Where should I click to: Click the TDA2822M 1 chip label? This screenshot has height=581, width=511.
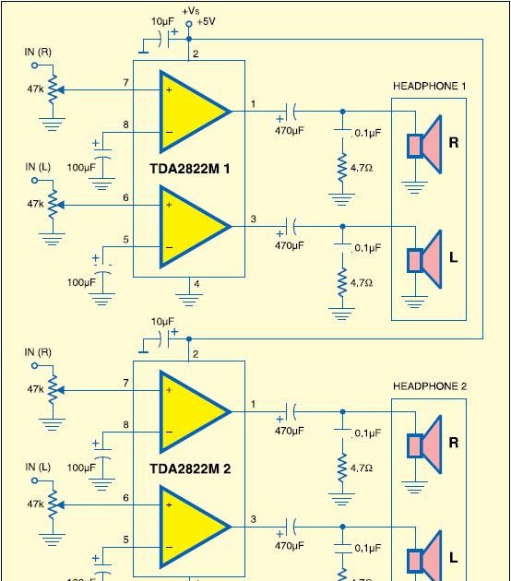(190, 169)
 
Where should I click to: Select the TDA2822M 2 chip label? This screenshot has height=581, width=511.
(190, 468)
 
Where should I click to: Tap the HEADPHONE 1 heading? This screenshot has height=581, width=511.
(430, 86)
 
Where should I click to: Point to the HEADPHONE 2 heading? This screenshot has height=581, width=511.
(430, 386)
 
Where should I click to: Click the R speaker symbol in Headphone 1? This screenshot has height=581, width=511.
(424, 144)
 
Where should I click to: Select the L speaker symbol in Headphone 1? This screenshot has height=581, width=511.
(424, 259)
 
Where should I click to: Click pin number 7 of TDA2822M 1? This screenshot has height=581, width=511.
(125, 83)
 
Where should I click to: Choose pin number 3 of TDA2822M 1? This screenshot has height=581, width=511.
(253, 219)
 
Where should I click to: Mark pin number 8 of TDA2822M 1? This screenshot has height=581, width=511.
(125, 125)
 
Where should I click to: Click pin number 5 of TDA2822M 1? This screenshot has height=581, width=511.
(125, 240)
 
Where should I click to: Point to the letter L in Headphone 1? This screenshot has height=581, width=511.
(453, 258)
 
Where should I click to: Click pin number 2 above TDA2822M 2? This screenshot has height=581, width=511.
(195, 354)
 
